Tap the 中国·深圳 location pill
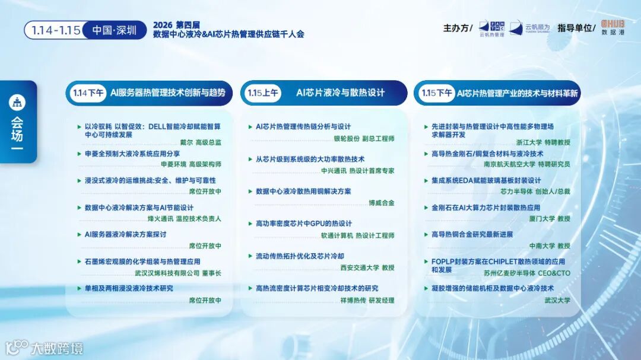pyautogui.click(x=114, y=30)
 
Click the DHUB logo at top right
pyautogui.click(x=613, y=27)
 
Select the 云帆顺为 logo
pyautogui.click(x=530, y=28)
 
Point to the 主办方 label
pyautogui.click(x=457, y=28)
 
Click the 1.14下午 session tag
pyautogui.click(x=88, y=93)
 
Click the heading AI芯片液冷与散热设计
pyautogui.click(x=340, y=93)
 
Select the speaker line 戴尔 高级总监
pyautogui.click(x=200, y=142)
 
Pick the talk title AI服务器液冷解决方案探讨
pyautogui.click(x=125, y=234)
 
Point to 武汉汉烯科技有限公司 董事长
pyautogui.click(x=177, y=273)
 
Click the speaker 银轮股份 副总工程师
pyautogui.click(x=364, y=138)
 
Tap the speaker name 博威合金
pyautogui.click(x=381, y=203)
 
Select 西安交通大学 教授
pyautogui.click(x=367, y=267)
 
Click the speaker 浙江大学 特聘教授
pyautogui.click(x=542, y=142)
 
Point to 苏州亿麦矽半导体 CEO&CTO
pyautogui.click(x=527, y=273)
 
